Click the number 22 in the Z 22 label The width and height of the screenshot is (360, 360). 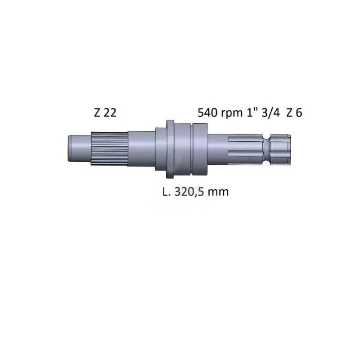pyautogui.click(x=110, y=113)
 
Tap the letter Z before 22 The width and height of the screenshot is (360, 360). pyautogui.click(x=97, y=113)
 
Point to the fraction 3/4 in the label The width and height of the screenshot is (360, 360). pyautogui.click(x=271, y=113)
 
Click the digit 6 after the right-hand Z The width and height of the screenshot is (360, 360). pyautogui.click(x=299, y=113)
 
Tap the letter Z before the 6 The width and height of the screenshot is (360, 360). pyautogui.click(x=289, y=113)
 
